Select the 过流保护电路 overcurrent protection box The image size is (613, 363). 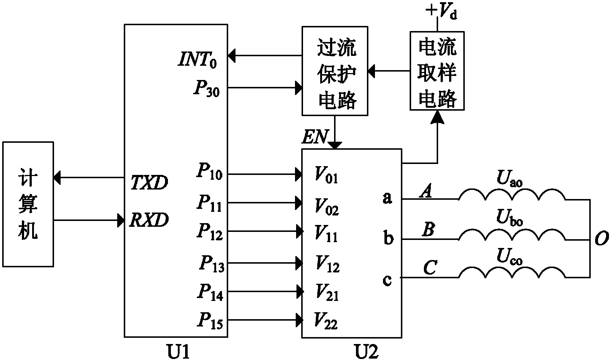335,71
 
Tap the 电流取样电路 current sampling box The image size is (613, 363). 437,70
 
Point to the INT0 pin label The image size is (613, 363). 198,60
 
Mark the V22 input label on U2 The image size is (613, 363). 326,322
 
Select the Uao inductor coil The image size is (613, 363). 512,195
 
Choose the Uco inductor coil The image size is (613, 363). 512,274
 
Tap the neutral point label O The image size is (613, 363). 602,239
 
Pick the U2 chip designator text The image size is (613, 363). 367,352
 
